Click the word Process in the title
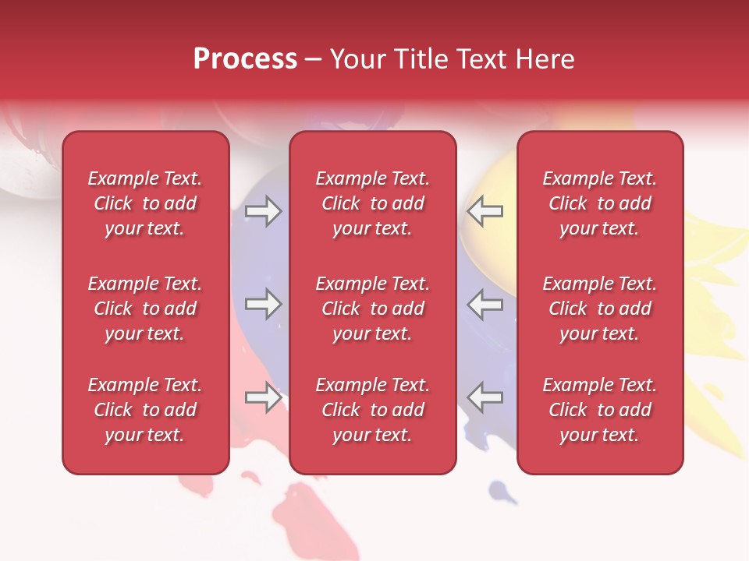click(x=245, y=59)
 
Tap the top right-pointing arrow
click(x=263, y=211)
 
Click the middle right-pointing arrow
click(x=263, y=304)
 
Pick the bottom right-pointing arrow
click(x=263, y=397)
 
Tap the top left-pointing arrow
click(x=485, y=211)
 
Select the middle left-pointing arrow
click(x=485, y=304)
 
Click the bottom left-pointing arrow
click(x=485, y=397)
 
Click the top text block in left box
click(x=145, y=203)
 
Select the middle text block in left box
click(x=145, y=309)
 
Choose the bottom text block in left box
click(x=145, y=410)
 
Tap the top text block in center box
click(x=373, y=203)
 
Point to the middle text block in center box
click(x=373, y=309)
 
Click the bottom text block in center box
click(x=373, y=410)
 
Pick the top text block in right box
click(x=600, y=203)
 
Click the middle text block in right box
click(x=600, y=309)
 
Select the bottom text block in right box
click(x=600, y=410)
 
